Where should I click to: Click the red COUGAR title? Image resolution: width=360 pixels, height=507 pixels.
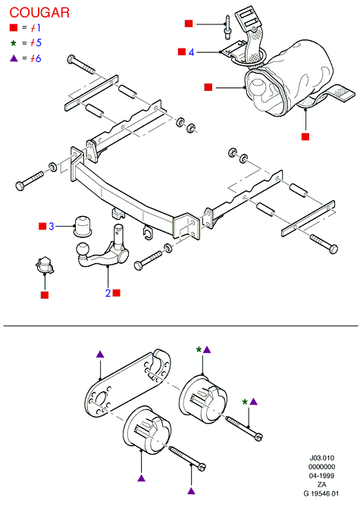coord(39,13)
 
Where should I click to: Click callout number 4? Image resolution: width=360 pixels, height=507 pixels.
coord(191,52)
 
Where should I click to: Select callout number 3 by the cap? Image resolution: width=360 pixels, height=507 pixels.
coord(51,226)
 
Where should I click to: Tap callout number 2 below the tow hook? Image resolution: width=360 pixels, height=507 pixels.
coord(108,293)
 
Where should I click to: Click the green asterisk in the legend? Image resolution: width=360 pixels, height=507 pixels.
coord(13,43)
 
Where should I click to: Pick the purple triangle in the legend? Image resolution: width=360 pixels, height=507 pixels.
coord(14,58)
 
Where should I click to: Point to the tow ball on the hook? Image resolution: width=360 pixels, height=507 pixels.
coord(82,249)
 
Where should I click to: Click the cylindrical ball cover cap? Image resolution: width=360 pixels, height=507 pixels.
coord(83,225)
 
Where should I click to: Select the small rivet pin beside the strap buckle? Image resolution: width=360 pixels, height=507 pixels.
coord(227,27)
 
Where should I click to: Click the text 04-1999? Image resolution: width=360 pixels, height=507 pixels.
coord(321,476)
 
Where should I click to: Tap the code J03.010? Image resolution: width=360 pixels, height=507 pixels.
coord(321,458)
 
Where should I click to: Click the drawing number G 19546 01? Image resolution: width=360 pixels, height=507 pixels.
coord(321,493)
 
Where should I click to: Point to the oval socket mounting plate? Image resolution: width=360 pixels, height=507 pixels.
coord(129,383)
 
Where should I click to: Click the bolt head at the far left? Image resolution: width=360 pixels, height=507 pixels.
coord(20,186)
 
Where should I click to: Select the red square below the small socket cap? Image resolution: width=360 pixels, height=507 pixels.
coord(45,295)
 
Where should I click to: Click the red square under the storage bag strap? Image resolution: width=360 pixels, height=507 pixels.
coord(305,136)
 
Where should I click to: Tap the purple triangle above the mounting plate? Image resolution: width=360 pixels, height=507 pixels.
coord(101,354)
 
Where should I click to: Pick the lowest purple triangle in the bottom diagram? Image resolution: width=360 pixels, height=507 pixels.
coord(192,491)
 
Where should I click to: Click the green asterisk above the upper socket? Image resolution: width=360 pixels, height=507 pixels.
coord(199,350)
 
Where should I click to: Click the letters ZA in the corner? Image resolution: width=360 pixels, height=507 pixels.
coord(321,484)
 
